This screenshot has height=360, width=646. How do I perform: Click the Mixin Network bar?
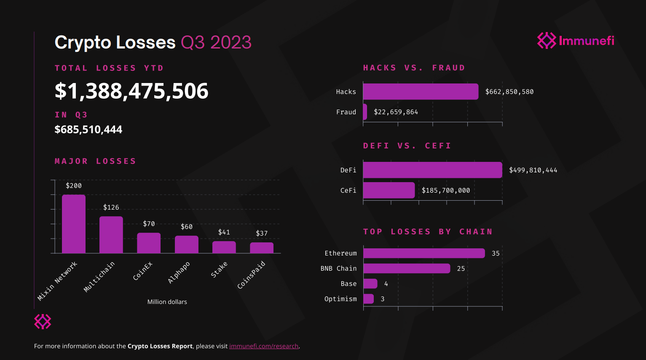coord(74,224)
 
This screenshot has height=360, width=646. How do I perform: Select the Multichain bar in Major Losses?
coord(111,235)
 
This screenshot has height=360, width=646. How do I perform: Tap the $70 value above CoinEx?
coord(149,224)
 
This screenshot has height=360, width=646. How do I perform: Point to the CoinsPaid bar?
coord(262,248)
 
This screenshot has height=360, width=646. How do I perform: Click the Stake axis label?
coord(219,270)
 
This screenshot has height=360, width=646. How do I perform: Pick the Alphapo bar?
coord(187,244)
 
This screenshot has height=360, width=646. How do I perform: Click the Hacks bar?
coord(421,91)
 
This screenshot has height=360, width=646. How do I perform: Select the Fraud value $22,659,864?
coord(396,112)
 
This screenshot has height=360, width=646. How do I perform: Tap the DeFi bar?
coord(432,170)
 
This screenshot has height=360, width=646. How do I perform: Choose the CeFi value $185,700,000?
coord(445,191)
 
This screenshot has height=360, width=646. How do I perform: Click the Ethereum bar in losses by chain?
coord(424,253)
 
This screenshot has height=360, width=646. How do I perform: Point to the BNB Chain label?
coord(338,269)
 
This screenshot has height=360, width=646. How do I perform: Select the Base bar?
coord(370,284)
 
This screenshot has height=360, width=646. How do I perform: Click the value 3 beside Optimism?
coord(383,299)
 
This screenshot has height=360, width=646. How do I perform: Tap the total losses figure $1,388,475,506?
coord(131,91)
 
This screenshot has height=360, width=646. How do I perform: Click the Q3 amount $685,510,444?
coord(88,129)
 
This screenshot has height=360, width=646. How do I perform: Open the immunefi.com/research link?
coord(264,346)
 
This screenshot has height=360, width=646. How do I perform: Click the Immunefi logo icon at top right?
coord(547,40)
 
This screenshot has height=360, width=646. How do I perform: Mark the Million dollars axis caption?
coord(167,302)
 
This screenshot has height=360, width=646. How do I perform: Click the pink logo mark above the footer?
coord(43,321)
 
